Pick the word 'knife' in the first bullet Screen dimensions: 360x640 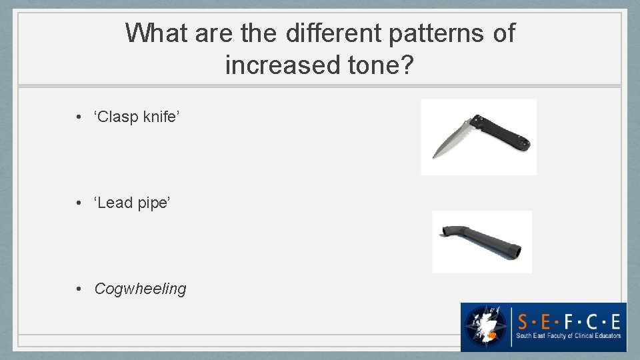tap(160, 117)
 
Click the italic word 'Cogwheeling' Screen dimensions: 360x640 tap(140, 289)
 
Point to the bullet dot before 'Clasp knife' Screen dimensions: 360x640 tap(79, 118)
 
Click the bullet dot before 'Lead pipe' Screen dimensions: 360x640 tap(79, 203)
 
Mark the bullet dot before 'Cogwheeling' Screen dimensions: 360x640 tap(79, 289)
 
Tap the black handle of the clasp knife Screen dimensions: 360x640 tap(503, 131)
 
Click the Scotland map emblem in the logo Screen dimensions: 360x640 tap(486, 327)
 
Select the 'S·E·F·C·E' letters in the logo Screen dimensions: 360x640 tap(569, 321)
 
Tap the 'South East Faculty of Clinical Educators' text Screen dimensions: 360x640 tap(569, 337)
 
